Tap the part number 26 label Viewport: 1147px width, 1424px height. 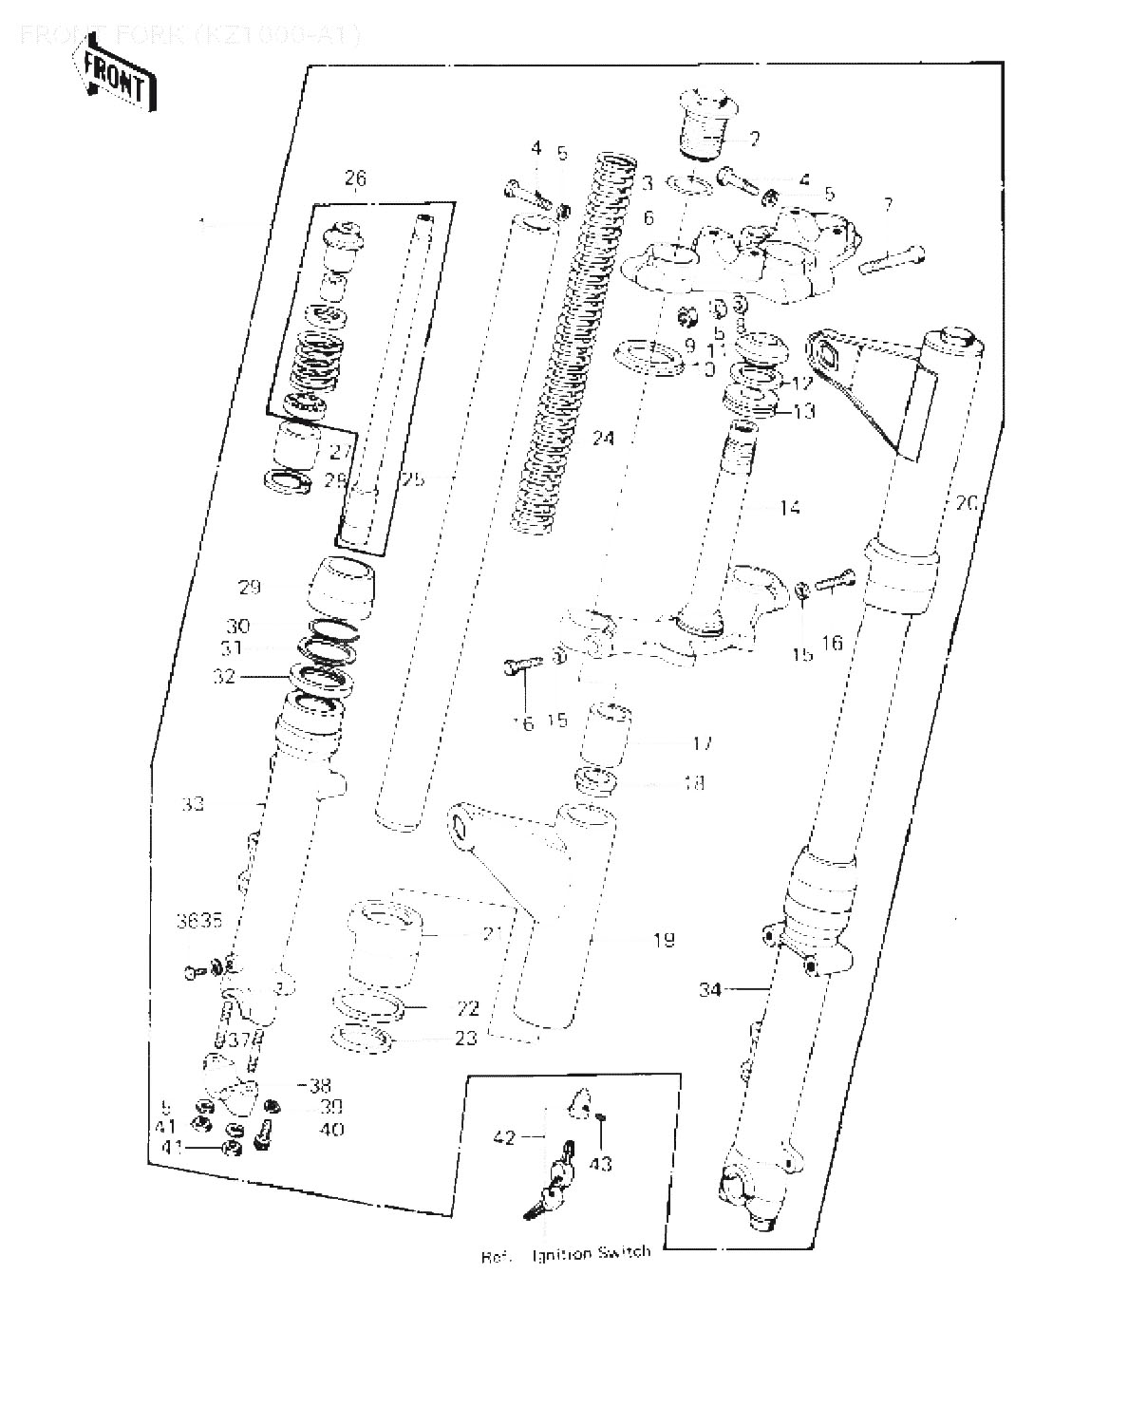pyautogui.click(x=355, y=178)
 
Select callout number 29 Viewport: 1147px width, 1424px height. pyautogui.click(x=250, y=588)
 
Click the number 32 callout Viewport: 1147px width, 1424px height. pyautogui.click(x=224, y=677)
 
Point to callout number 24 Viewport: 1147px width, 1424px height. pyautogui.click(x=603, y=439)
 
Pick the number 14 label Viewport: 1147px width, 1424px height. pyautogui.click(x=789, y=508)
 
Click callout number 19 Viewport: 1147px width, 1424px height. pyautogui.click(x=664, y=940)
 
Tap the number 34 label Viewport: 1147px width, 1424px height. pyautogui.click(x=710, y=990)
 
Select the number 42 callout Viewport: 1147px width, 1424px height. pyautogui.click(x=504, y=1136)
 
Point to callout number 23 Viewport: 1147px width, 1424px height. pyautogui.click(x=465, y=1039)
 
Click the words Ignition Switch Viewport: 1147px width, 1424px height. pyautogui.click(x=592, y=1253)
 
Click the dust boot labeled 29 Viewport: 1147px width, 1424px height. pyautogui.click(x=339, y=588)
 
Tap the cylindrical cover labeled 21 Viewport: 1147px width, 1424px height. pyautogui.click(x=384, y=943)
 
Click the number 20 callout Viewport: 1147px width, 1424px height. pyautogui.click(x=966, y=503)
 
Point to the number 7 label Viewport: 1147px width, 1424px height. pyautogui.click(x=887, y=204)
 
